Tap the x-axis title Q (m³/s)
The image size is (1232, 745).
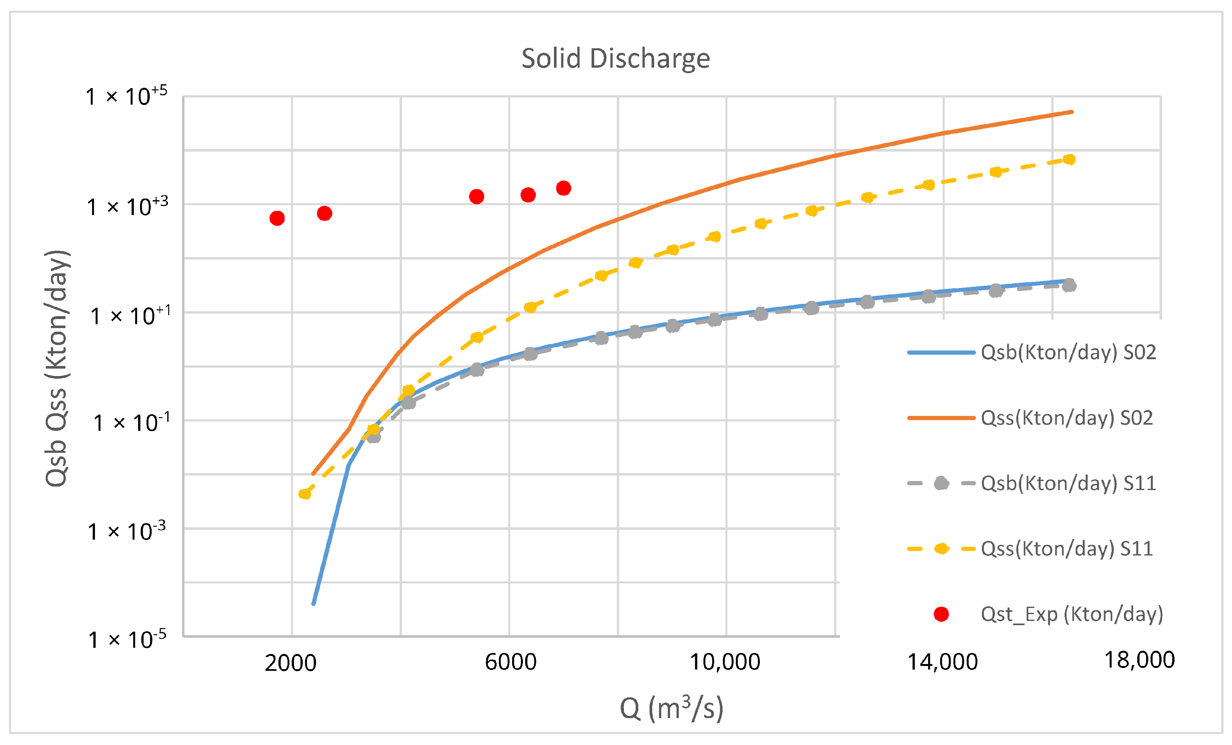(x=672, y=708)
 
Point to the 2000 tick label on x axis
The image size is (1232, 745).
(x=290, y=663)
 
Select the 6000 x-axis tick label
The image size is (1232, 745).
(x=510, y=662)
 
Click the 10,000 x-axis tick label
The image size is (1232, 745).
(x=725, y=662)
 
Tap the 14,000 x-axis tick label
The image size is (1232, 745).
(x=943, y=662)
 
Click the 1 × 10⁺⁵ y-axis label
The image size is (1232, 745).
(x=126, y=96)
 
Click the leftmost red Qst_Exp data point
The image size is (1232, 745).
(x=277, y=218)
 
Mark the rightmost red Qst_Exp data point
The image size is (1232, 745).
(x=564, y=189)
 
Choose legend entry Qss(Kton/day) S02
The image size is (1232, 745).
(x=1066, y=418)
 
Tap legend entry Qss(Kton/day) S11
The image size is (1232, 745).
(x=1066, y=549)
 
